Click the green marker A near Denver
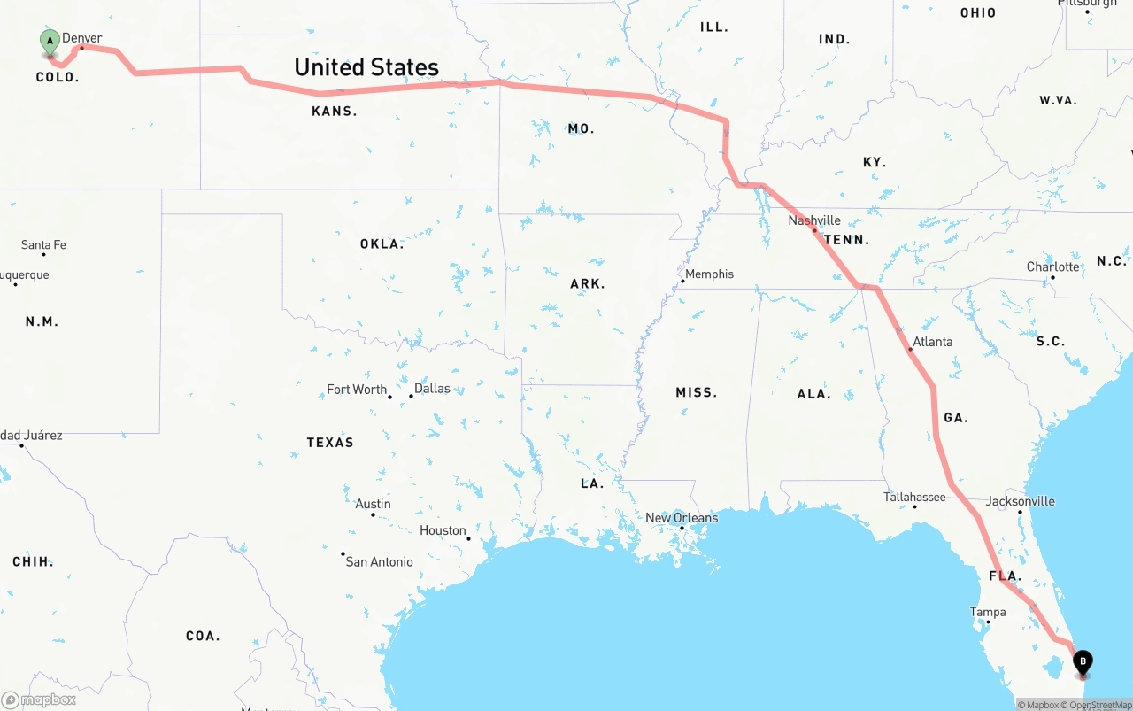50,41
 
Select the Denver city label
81,38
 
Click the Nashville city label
814,220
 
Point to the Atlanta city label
932,342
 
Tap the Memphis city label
709,274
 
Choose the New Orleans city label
682,518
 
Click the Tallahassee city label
914,498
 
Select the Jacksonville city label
1021,501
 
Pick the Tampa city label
988,613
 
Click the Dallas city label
432,389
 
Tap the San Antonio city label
379,562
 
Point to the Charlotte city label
1052,267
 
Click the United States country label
366,67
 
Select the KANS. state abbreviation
334,112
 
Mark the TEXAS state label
330,443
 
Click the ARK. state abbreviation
588,284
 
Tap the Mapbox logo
39,699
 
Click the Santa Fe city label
43,245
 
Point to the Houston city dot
468,538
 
